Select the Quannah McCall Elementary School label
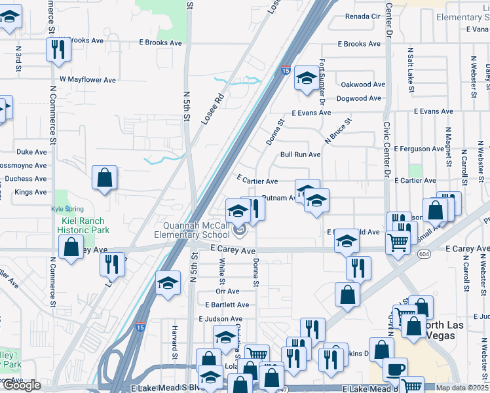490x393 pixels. click(192, 230)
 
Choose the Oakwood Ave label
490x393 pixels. click(363, 84)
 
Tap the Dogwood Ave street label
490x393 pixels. click(358, 98)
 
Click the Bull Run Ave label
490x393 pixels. click(300, 155)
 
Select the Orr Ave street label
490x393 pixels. click(227, 291)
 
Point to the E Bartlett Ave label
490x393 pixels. click(227, 305)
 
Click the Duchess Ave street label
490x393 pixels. click(26, 178)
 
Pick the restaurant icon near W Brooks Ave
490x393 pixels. click(58, 48)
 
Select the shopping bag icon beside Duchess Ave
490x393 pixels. click(104, 178)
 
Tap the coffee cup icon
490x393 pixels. click(395, 369)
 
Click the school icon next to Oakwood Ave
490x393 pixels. click(306, 79)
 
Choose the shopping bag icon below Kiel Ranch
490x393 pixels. click(71, 248)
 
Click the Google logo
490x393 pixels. click(22, 385)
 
